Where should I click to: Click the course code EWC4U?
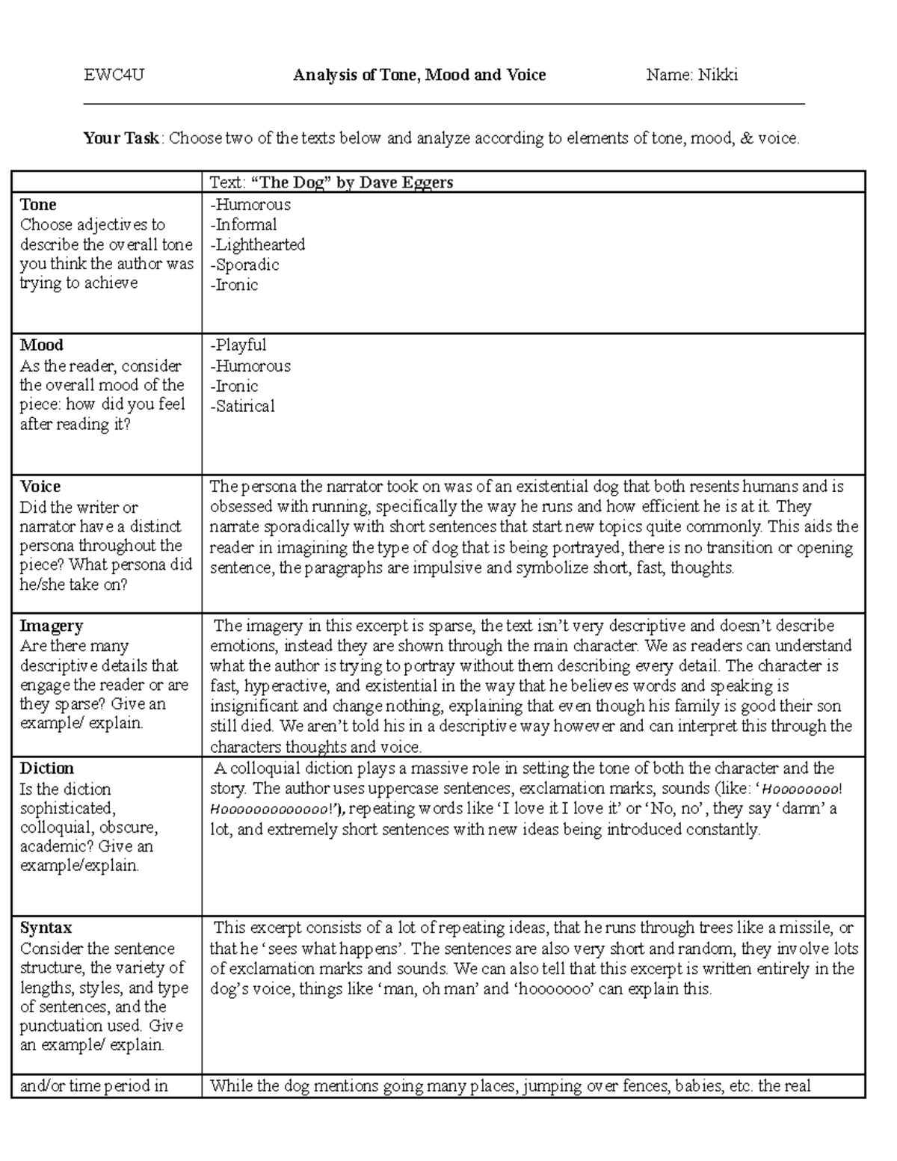[114, 75]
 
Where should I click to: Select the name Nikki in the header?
[718, 75]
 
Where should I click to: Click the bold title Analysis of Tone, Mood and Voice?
[419, 75]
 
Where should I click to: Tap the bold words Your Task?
[121, 138]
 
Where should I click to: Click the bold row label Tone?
[38, 205]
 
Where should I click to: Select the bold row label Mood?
[41, 345]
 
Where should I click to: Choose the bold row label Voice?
[40, 487]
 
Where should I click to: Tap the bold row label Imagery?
[51, 626]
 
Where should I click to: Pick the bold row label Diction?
[46, 769]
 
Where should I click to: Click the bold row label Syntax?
[46, 929]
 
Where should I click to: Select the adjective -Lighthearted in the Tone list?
[258, 245]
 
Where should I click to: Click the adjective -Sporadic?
[244, 265]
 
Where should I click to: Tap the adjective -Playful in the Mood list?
[238, 345]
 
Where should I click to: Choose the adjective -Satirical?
[243, 407]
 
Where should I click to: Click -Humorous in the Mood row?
[250, 366]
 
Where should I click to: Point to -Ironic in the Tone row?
[234, 286]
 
